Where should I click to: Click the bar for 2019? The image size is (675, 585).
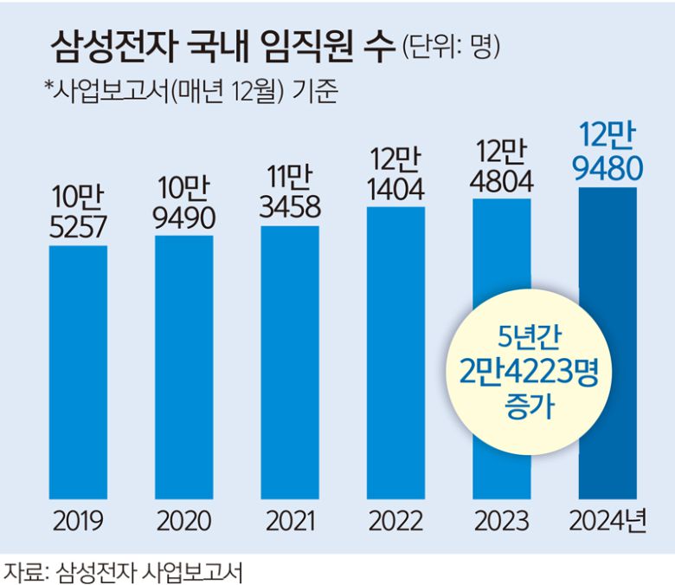78,373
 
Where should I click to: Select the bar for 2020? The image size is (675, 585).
184,368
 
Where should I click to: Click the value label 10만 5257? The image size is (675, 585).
78,211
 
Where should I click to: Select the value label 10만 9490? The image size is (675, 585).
184,203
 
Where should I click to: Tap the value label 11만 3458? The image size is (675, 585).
290,192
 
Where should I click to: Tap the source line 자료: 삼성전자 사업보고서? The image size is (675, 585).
122,571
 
